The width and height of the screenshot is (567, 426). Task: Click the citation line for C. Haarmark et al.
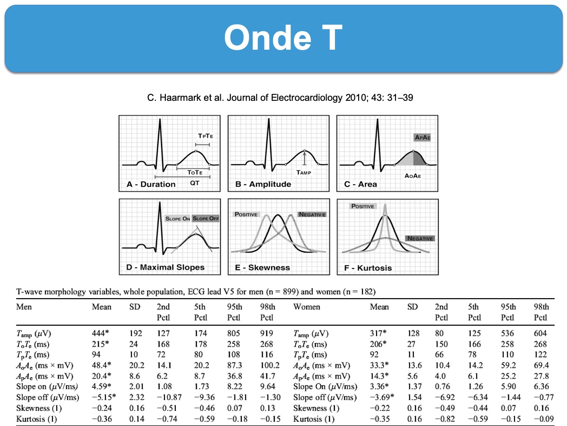tap(283, 98)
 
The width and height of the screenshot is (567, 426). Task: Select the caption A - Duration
tap(151, 184)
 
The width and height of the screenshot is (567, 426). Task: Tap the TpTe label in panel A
tap(205, 136)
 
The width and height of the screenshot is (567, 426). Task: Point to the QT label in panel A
tap(194, 182)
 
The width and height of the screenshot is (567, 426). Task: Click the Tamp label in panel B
tap(304, 173)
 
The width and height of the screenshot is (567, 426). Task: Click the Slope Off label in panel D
tap(206, 219)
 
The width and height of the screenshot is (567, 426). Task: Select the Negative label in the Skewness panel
tap(311, 214)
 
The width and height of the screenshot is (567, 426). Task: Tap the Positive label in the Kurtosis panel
tap(362, 206)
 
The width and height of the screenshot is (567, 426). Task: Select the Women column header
tap(307, 307)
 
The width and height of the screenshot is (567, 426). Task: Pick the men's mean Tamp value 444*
tap(102, 334)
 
